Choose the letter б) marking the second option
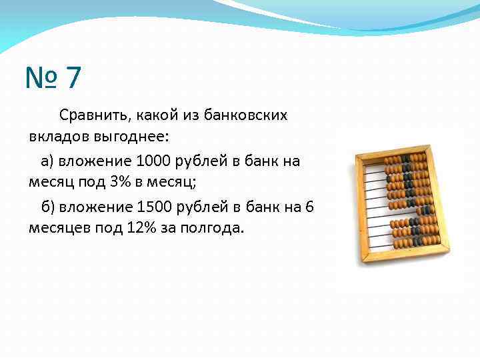(x=47, y=206)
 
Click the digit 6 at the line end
(x=309, y=206)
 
